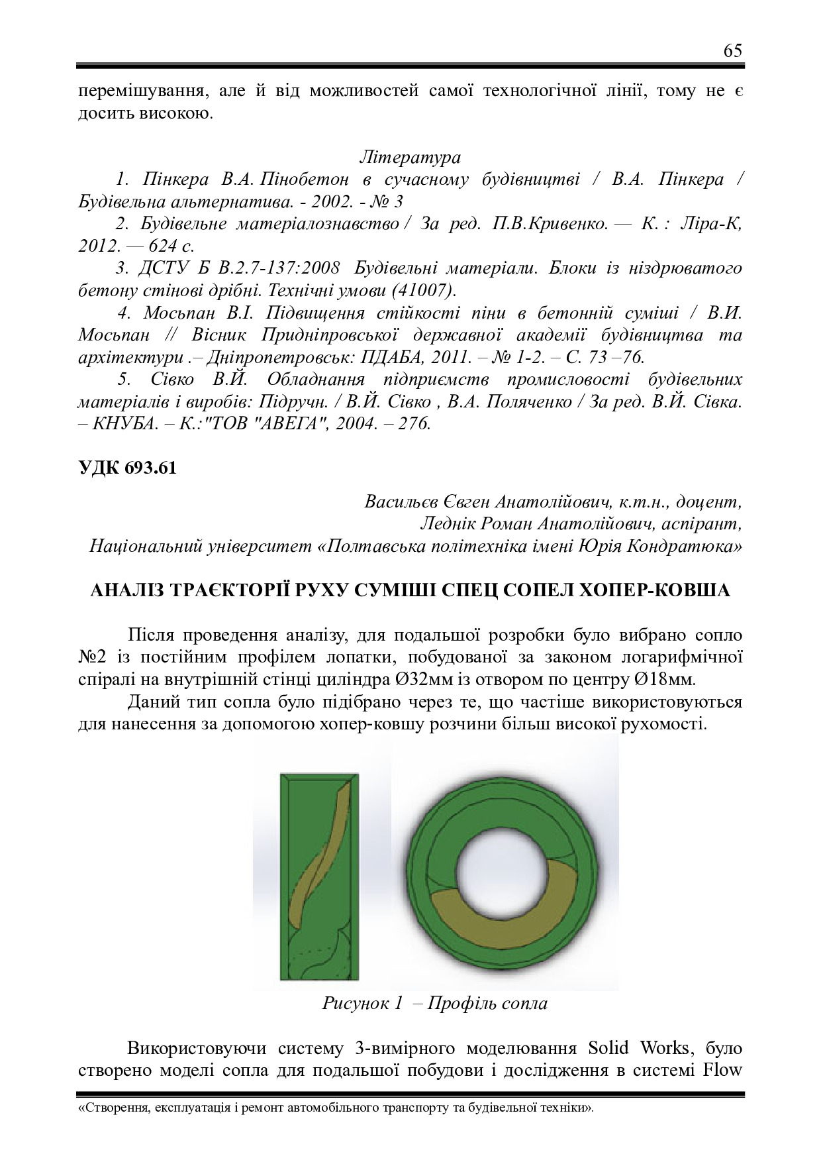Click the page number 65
click(733, 51)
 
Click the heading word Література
click(410, 158)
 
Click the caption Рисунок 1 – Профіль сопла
click(435, 1003)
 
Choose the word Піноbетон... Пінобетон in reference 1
click(303, 180)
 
